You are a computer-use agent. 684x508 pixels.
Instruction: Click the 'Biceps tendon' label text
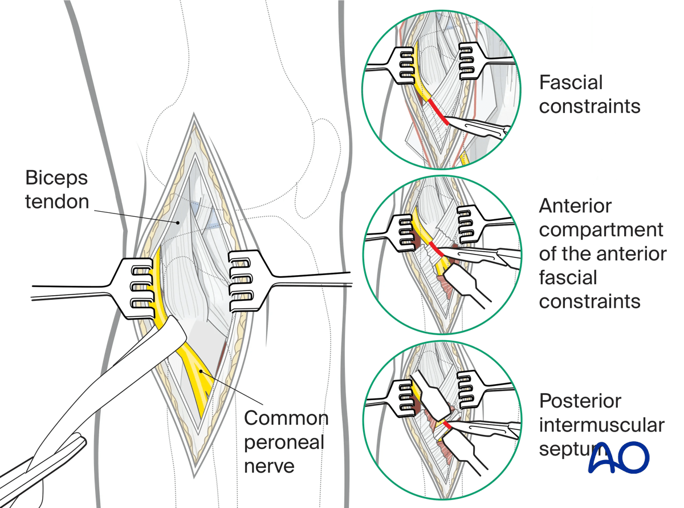[56, 190]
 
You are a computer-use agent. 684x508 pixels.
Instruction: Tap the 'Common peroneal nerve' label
[286, 442]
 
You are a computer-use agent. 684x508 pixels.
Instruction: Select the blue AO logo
[618, 457]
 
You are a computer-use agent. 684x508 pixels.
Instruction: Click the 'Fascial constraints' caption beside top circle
[589, 94]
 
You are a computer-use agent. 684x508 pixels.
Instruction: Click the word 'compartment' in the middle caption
[601, 229]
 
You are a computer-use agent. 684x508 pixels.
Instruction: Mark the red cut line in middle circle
[438, 249]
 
